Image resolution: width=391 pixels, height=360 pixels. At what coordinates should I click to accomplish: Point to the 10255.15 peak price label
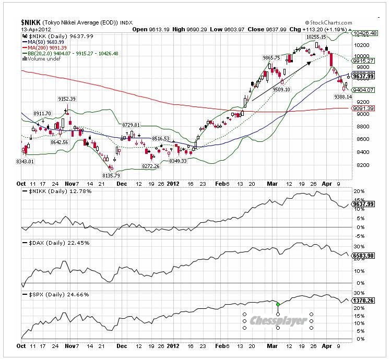(x=317, y=38)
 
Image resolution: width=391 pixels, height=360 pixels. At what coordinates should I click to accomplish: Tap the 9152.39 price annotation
(x=66, y=99)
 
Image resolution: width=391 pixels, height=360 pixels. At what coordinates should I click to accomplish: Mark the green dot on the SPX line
(x=278, y=304)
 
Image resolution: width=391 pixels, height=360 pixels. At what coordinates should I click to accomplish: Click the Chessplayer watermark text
(x=278, y=321)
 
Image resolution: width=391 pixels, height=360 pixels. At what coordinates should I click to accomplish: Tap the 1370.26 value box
(x=364, y=301)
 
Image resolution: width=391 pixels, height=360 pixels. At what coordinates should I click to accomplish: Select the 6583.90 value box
(x=364, y=256)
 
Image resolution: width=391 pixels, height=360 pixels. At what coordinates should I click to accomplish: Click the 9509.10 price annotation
(x=281, y=89)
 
